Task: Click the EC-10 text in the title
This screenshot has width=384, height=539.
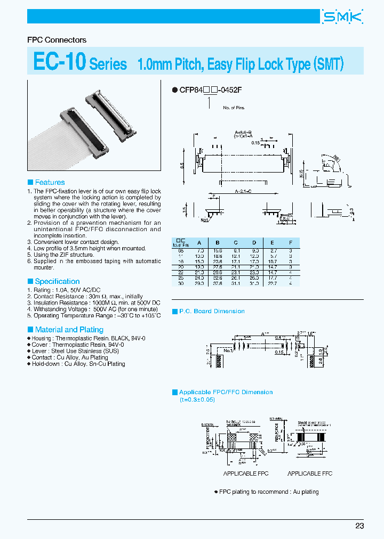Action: pos(59,62)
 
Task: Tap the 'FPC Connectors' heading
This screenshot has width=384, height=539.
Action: pos(57,40)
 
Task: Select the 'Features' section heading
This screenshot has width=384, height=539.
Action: pos(50,182)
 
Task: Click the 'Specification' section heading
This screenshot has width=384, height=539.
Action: pos(57,281)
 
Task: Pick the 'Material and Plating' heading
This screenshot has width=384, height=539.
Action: pos(69,330)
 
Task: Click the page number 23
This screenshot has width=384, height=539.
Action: pos(359,526)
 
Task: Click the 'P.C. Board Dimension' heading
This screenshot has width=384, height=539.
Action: pos(212,311)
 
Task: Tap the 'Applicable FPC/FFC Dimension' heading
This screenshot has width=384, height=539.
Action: pos(226,392)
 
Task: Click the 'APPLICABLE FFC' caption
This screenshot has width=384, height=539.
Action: pos(310,473)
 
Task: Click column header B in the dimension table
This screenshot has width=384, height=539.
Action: pos(217,242)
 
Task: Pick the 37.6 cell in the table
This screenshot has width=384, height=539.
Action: pos(217,283)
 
